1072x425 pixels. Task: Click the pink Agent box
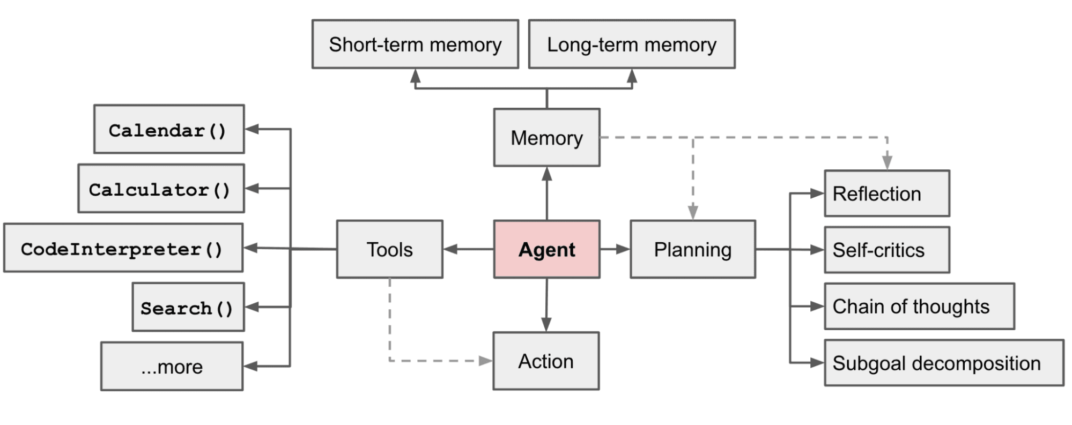546,249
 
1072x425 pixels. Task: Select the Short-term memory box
415,44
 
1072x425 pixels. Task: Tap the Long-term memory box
631,44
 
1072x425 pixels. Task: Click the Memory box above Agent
546,138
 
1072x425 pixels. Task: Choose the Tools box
389,249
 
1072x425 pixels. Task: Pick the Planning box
692,249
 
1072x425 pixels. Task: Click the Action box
546,361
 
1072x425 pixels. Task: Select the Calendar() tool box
169,129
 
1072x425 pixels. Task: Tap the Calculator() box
161,189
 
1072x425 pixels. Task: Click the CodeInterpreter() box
123,248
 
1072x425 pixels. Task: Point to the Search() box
188,307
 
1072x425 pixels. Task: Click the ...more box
172,367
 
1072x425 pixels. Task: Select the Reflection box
886,193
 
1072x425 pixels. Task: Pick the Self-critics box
886,250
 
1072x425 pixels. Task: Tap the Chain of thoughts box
919,306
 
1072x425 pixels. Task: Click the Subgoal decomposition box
943,363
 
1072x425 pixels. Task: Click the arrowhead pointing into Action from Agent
546,325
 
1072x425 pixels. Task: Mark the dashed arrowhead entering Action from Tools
485,361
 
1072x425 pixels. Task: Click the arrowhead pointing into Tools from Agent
450,249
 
